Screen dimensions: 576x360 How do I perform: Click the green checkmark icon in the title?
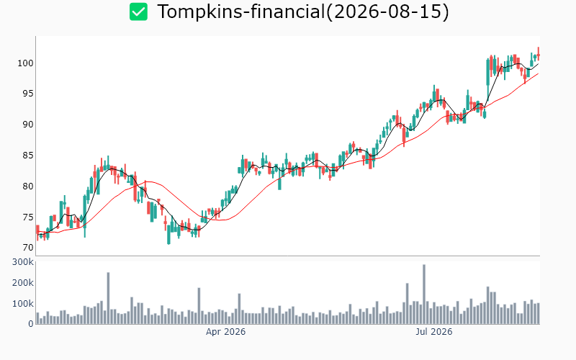(138, 12)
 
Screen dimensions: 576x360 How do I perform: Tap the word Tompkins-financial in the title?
(241, 12)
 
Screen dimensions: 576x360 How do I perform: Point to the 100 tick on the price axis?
(25, 63)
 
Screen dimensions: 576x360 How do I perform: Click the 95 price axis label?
(28, 94)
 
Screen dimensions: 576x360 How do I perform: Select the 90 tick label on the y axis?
(28, 125)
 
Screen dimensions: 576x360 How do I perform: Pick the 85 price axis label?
(28, 156)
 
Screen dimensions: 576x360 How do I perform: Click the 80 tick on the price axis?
(28, 186)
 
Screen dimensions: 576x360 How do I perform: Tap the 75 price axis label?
(28, 217)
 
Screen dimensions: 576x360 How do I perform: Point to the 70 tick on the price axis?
(28, 248)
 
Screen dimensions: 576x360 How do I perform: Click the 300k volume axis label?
(23, 262)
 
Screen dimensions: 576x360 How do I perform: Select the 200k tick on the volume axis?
(23, 283)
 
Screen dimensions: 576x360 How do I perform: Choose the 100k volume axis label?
(23, 304)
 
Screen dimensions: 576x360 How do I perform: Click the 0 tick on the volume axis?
(31, 324)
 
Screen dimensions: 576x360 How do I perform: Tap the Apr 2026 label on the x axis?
(225, 332)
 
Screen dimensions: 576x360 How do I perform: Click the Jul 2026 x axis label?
(434, 332)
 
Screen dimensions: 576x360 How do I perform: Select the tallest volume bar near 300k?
(424, 294)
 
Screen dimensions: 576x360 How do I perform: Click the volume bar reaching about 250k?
(109, 298)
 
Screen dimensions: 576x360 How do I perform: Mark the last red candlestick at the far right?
(539, 54)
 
